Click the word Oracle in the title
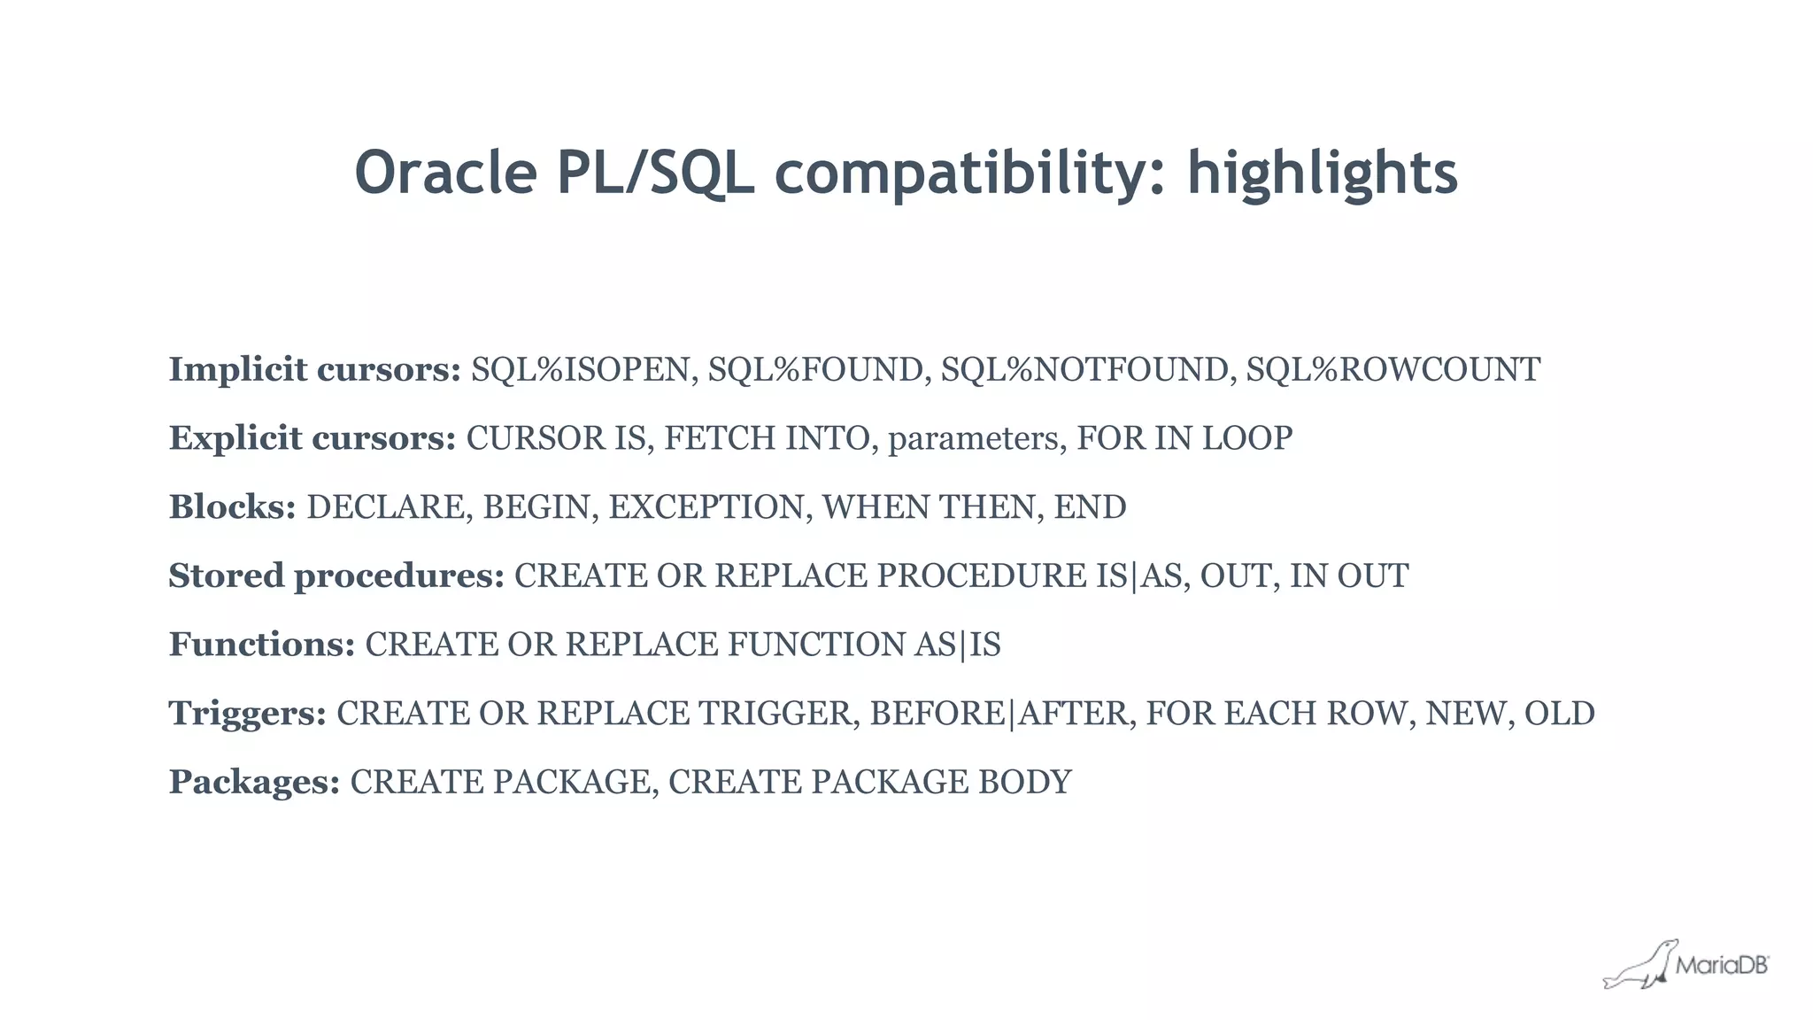(445, 173)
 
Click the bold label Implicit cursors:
(314, 369)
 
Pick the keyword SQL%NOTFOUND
(1084, 369)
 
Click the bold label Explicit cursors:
(312, 438)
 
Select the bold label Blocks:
(232, 507)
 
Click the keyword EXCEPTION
(706, 507)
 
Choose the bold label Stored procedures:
(336, 576)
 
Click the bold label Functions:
(262, 645)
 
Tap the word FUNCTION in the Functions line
(815, 645)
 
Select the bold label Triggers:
(248, 714)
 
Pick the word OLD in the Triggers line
(1559, 714)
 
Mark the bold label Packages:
(254, 783)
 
